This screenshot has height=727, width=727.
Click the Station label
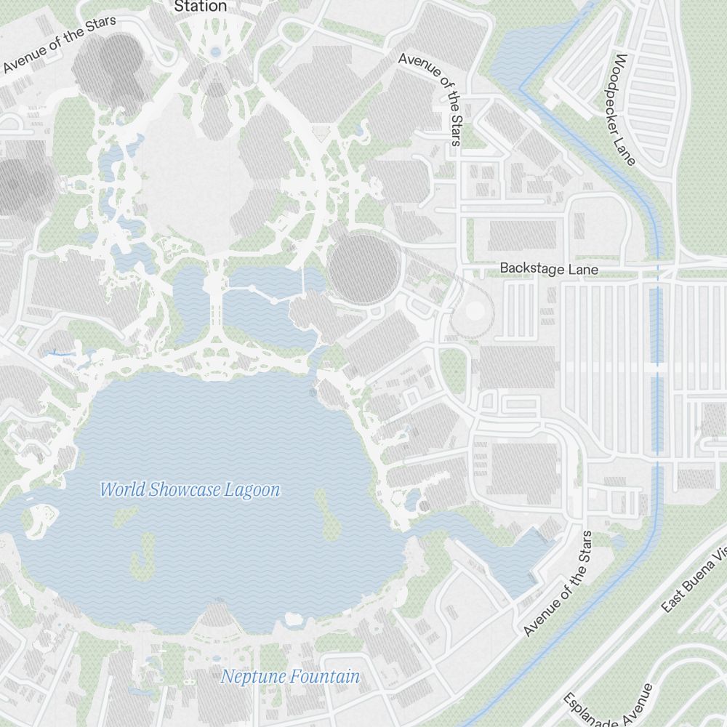[201, 7]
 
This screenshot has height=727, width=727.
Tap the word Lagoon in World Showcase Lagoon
[255, 490]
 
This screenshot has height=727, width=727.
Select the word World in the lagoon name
[122, 490]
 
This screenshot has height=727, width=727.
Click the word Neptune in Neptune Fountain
[252, 677]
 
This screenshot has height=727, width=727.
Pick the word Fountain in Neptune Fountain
[324, 677]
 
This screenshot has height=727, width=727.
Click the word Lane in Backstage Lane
[583, 269]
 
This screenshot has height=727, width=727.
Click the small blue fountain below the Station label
[215, 52]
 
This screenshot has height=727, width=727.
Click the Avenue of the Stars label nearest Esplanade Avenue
[558, 584]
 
